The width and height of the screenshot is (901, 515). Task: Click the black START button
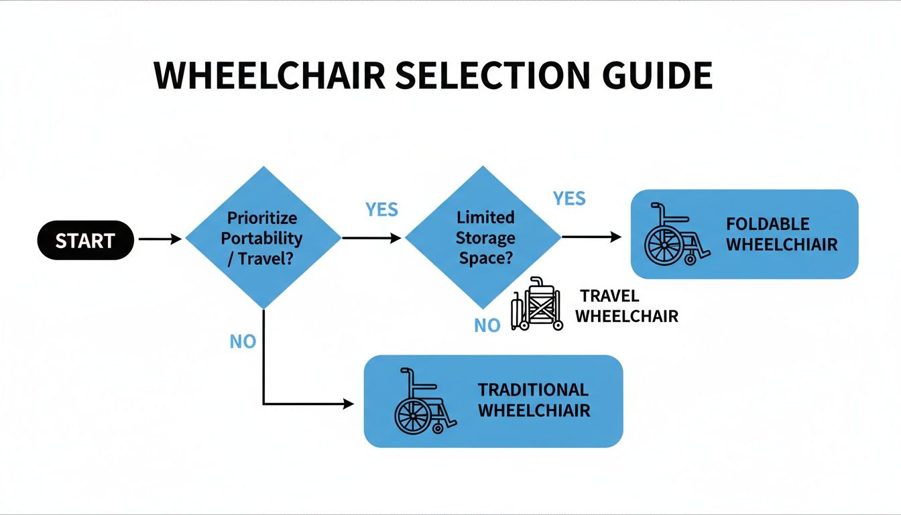(85, 240)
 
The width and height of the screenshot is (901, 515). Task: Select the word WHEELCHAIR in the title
(269, 76)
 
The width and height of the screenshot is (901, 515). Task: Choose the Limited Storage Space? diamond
(484, 237)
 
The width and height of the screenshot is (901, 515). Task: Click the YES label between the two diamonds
(381, 210)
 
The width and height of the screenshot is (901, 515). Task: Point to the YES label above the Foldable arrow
(569, 198)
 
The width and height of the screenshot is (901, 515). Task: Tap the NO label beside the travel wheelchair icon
(487, 326)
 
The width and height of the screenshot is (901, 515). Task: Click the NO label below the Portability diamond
(243, 342)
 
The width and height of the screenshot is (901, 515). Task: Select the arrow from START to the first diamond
(160, 239)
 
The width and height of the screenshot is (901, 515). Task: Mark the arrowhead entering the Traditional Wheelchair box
(347, 404)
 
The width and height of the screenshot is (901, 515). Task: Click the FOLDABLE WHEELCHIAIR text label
(782, 234)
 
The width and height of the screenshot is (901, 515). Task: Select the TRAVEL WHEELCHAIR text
(626, 306)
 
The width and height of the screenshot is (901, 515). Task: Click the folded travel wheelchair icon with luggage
(538, 304)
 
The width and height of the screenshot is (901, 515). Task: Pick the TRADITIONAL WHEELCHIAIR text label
(534, 400)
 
